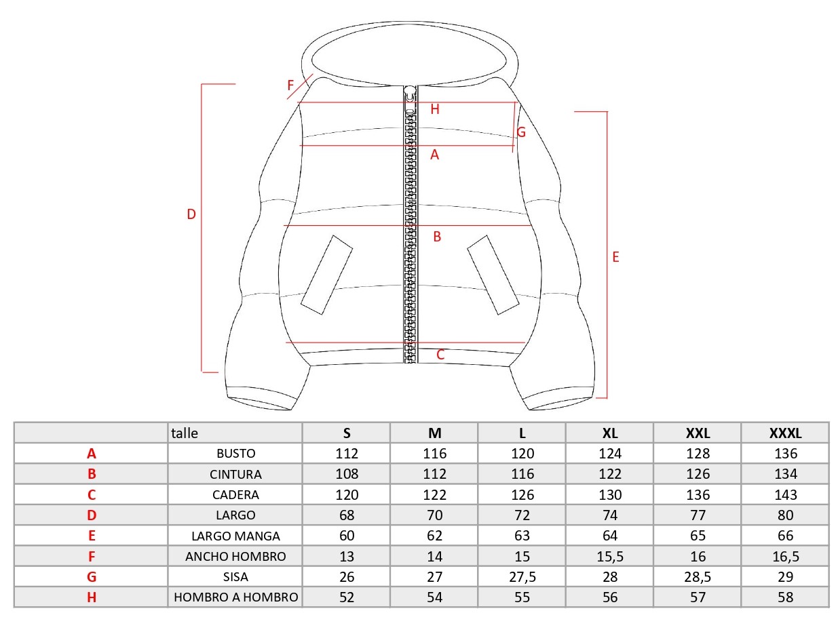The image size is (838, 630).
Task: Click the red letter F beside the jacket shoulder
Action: point(290,85)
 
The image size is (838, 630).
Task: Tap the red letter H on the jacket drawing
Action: point(434,109)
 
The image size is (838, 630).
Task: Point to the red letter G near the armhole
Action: point(521,132)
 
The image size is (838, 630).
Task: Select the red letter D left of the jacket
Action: point(191,214)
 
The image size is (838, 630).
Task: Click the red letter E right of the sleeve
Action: point(615,257)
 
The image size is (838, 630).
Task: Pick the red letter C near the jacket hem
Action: point(440,355)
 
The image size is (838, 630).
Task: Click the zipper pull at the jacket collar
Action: point(411,100)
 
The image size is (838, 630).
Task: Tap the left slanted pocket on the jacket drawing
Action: point(327,275)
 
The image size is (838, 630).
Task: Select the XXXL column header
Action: point(785,433)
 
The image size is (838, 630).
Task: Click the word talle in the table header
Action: point(185,433)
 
